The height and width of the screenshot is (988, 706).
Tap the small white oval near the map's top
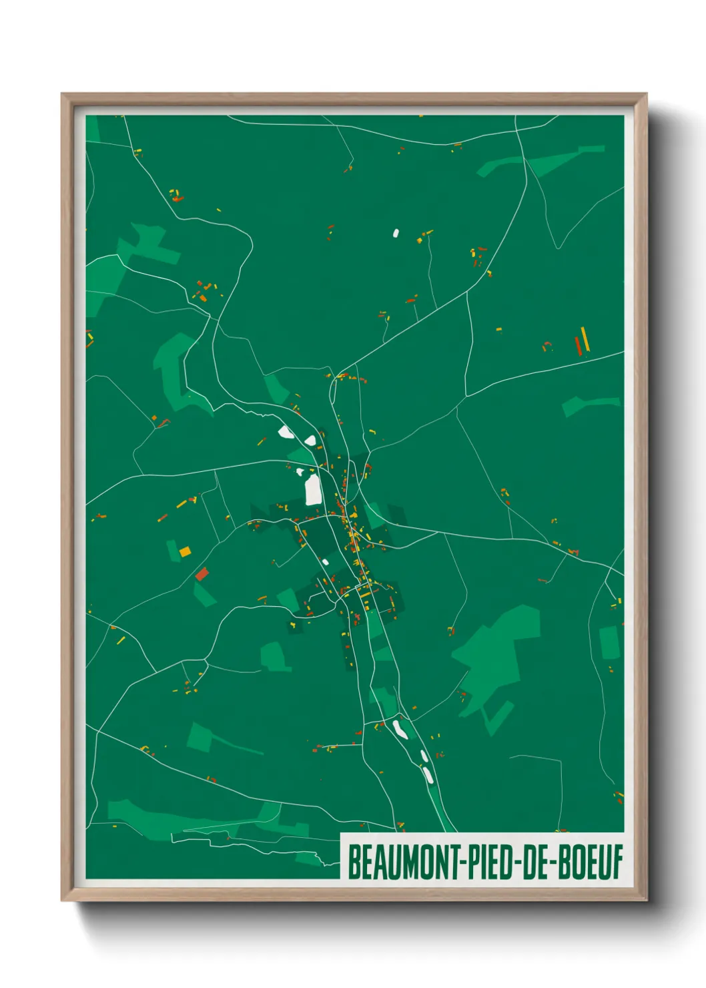(396, 233)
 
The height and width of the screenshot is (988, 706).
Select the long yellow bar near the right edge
(585, 339)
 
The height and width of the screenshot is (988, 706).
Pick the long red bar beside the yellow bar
(578, 345)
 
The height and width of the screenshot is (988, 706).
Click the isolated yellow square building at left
(185, 551)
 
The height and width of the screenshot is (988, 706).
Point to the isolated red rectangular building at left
(202, 573)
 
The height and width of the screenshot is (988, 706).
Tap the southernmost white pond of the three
(428, 774)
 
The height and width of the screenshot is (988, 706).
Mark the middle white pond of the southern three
(423, 755)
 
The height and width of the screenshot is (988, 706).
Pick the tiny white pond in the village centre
(325, 561)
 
